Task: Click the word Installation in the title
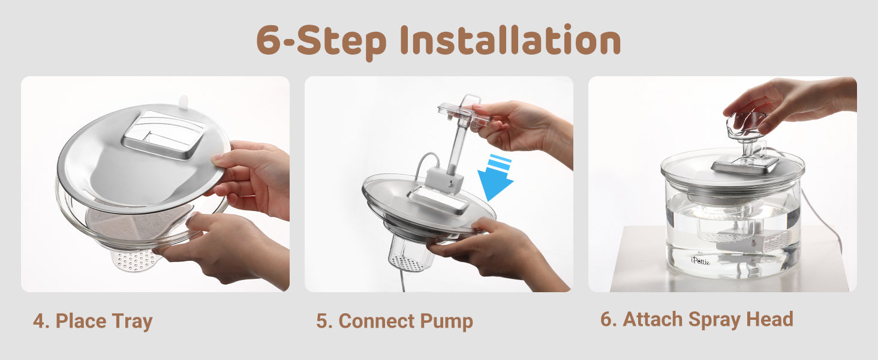[x=510, y=40]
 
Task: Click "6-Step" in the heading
[x=321, y=42]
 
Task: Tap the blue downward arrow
[x=496, y=176]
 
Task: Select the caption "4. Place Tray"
[x=92, y=321]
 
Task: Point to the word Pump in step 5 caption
[x=446, y=321]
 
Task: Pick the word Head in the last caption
[x=769, y=319]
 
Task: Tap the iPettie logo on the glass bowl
[x=700, y=260]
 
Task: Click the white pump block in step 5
[x=444, y=181]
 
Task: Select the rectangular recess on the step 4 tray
[x=164, y=134]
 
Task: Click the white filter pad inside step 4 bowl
[x=137, y=225]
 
